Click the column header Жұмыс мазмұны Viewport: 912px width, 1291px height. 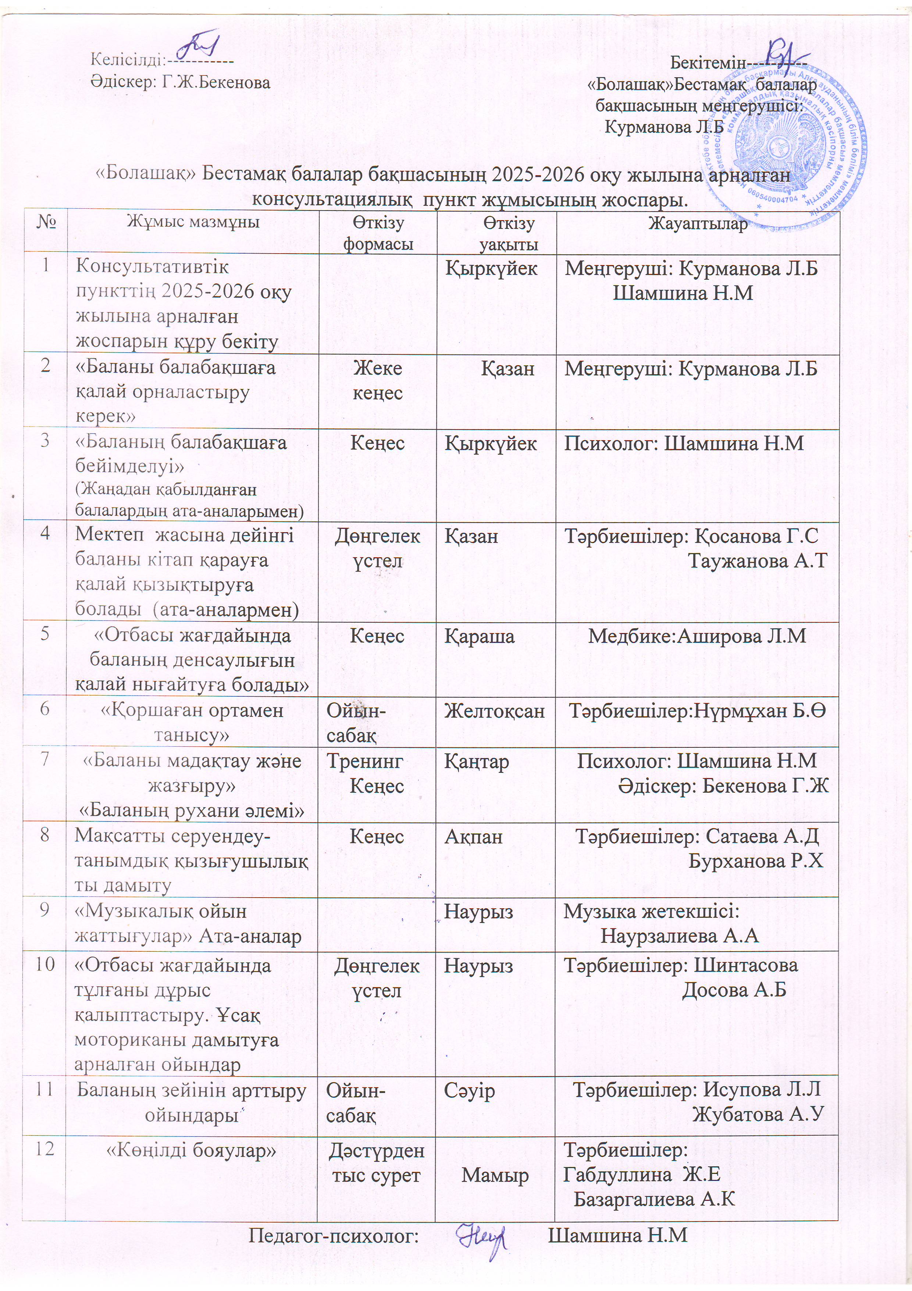click(x=193, y=222)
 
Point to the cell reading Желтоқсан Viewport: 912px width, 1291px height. click(x=495, y=711)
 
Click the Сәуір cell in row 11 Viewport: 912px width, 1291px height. click(x=470, y=1090)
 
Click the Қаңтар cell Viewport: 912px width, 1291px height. click(x=477, y=762)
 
